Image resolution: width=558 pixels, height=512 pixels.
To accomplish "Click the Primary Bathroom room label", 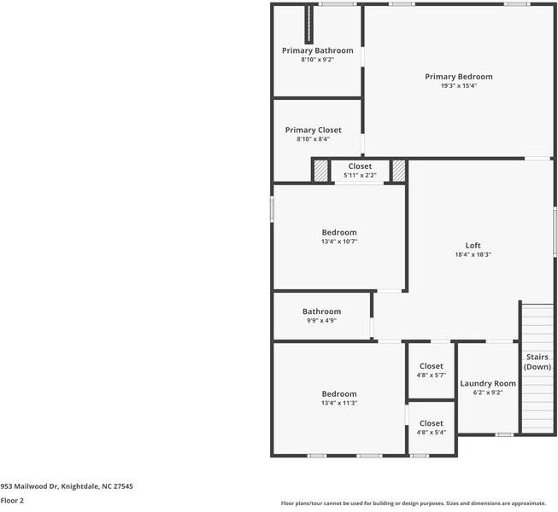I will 317,50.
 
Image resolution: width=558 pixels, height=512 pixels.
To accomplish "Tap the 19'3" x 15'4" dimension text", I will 459,85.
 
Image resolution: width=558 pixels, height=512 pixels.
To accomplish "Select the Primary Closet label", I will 313,130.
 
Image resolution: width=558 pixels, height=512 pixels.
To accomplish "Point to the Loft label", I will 473,245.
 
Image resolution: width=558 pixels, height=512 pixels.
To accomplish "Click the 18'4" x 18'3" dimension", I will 473,254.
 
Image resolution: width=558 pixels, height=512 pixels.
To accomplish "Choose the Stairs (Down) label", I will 537,362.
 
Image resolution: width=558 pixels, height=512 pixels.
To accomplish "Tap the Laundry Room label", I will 488,383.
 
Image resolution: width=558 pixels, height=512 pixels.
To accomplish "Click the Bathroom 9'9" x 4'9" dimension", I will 321,321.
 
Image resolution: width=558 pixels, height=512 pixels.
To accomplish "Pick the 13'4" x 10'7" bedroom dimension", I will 339,241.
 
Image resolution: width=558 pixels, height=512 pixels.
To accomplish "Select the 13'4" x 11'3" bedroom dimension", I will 339,403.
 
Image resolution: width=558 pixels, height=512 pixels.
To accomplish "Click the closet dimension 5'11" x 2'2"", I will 360,175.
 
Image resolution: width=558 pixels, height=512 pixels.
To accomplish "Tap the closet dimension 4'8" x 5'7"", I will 432,375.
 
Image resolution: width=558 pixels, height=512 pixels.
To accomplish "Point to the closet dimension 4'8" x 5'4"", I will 432,433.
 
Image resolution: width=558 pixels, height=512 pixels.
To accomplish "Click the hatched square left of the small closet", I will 320,171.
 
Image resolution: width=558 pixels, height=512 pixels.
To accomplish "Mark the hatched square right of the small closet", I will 398,171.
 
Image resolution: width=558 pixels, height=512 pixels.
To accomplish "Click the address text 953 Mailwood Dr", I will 67,486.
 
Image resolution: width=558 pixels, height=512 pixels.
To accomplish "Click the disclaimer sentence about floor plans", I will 413,503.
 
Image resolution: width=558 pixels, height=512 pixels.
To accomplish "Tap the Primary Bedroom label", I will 459,77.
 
